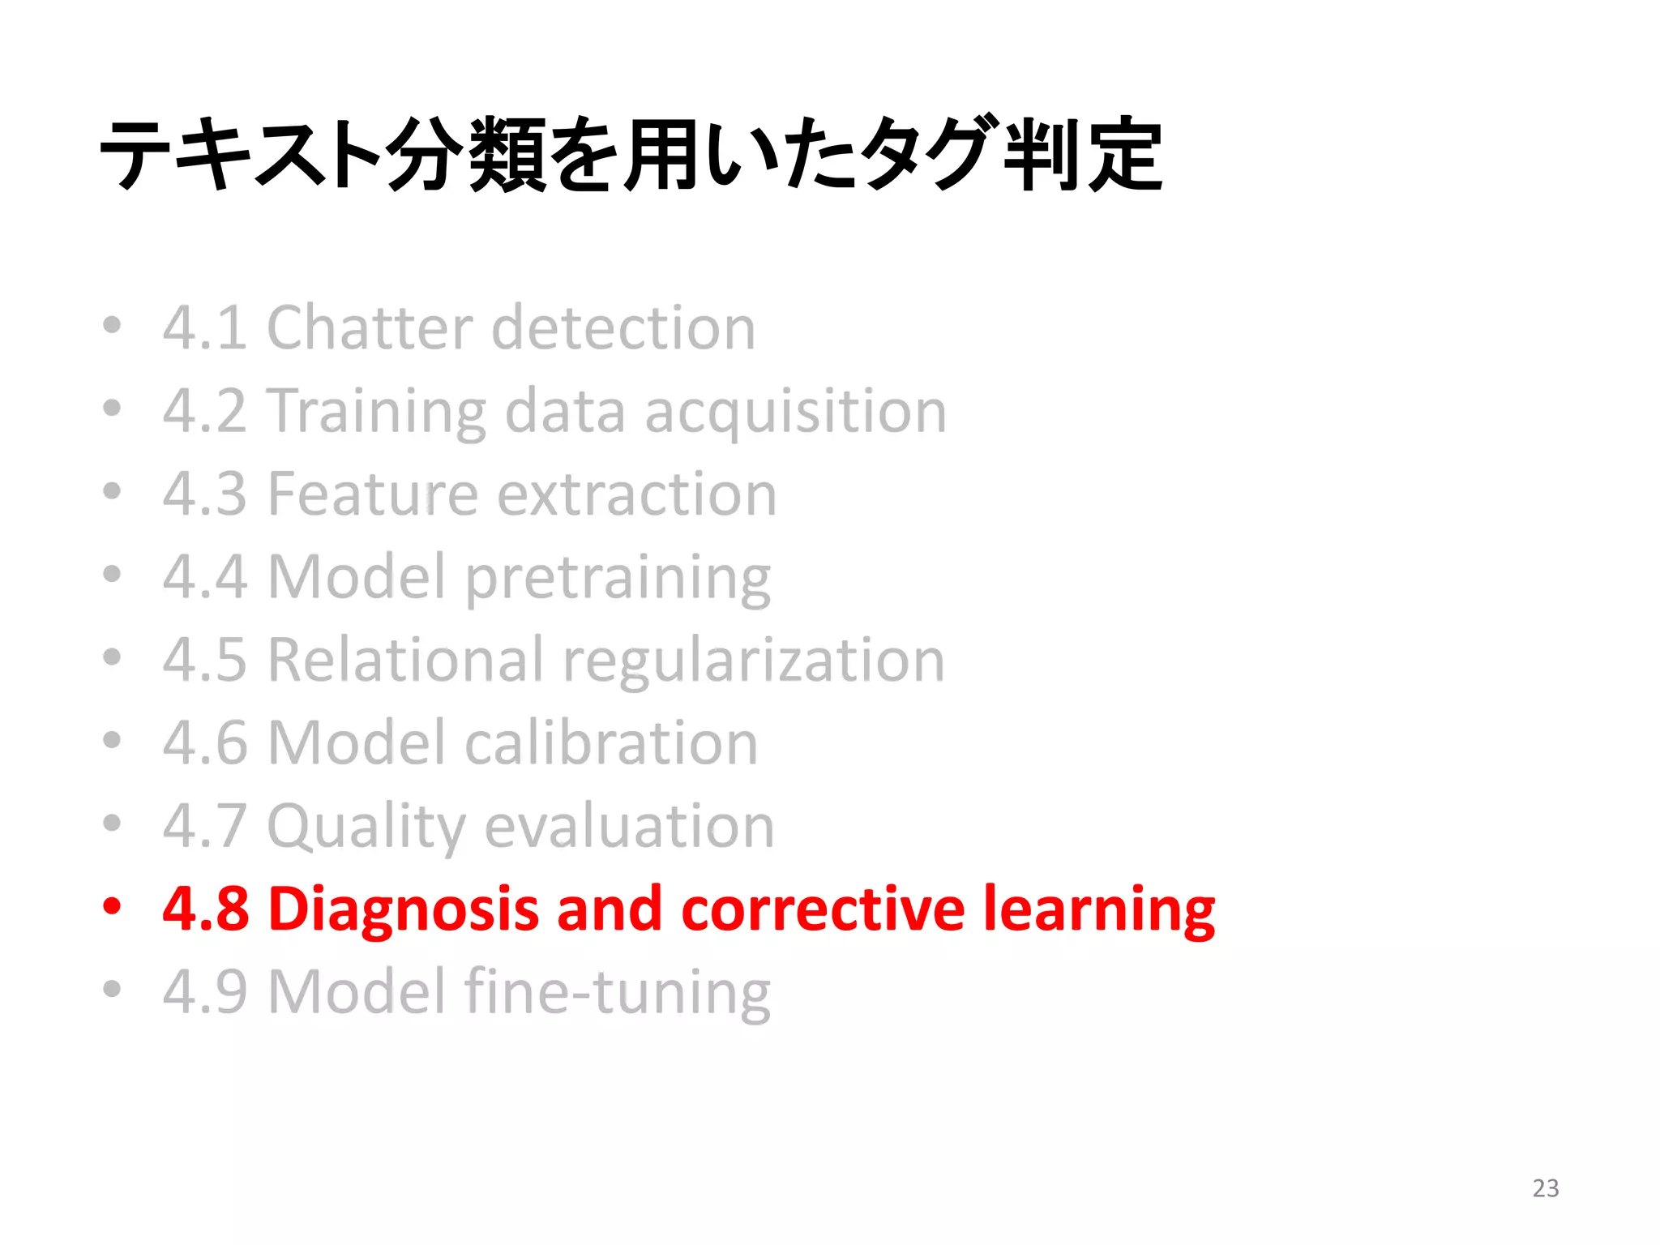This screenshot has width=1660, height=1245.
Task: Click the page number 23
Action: click(1545, 1187)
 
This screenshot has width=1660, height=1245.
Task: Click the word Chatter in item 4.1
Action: click(369, 327)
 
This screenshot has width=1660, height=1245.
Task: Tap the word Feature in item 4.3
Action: click(372, 494)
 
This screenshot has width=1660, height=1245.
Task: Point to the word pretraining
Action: click(618, 579)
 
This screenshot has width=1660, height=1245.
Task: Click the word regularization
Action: click(754, 661)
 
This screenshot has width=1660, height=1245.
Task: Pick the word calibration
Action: click(611, 742)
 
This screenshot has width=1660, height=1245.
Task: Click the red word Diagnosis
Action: click(403, 909)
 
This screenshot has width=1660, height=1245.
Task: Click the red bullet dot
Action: click(112, 905)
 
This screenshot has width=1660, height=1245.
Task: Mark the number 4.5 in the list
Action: click(204, 660)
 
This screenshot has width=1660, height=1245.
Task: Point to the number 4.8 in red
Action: click(205, 909)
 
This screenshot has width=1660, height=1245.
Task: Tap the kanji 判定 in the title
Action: click(1082, 154)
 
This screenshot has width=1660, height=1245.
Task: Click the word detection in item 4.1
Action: click(623, 327)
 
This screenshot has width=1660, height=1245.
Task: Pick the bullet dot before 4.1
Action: click(112, 325)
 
